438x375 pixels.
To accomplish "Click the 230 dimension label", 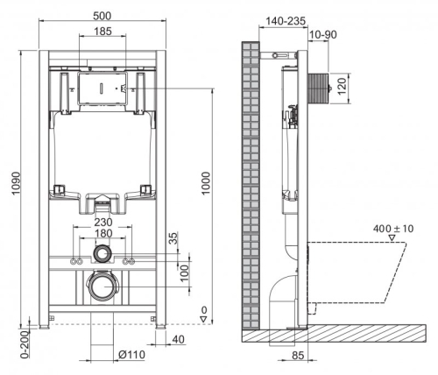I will coord(103,223).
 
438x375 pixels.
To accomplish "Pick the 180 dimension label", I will coord(103,235).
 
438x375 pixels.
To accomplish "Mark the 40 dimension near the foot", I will coord(179,340).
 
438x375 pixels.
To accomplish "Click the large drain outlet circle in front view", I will coord(103,286).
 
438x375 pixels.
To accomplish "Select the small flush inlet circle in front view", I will coord(103,254).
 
